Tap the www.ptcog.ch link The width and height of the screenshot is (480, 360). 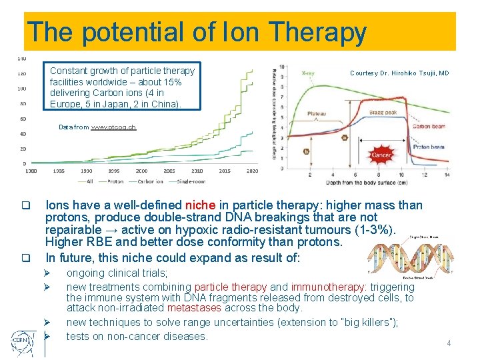point(113,127)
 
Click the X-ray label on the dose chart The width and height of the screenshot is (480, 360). point(309,73)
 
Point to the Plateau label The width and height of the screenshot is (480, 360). point(317,114)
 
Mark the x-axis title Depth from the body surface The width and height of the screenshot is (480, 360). point(366,182)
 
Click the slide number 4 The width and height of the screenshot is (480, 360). point(449,343)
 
